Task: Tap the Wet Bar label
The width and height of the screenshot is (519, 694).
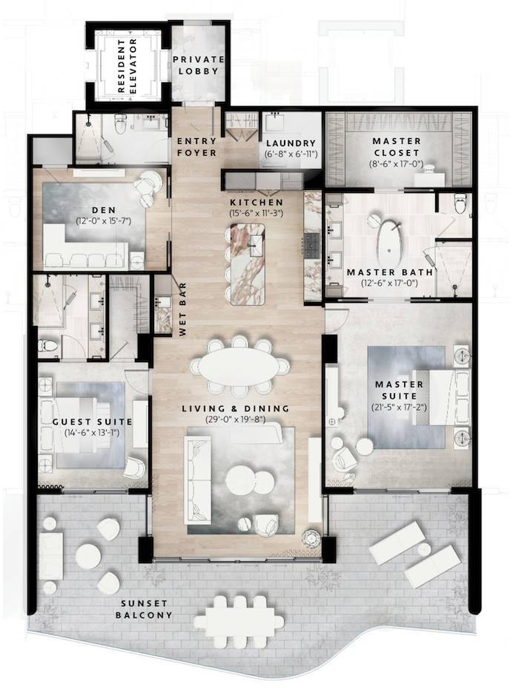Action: (x=182, y=312)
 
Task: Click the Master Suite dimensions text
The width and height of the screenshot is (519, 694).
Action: (x=398, y=406)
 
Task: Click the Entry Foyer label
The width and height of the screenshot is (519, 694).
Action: (x=196, y=147)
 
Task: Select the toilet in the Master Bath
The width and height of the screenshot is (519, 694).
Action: (x=460, y=201)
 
